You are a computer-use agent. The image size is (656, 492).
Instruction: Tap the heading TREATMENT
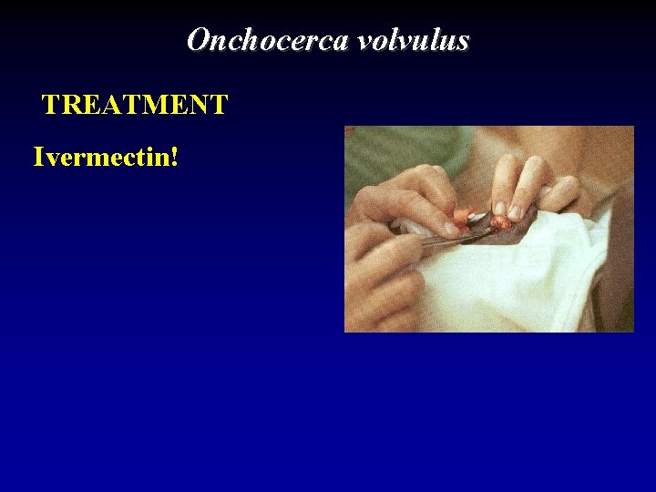[135, 106]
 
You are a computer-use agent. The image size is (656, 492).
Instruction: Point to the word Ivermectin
[101, 157]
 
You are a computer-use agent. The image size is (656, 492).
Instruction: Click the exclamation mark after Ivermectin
[173, 157]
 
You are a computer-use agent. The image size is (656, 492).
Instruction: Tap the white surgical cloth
[510, 282]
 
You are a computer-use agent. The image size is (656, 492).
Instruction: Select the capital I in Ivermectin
[38, 157]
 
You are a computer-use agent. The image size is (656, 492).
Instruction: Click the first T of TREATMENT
[52, 106]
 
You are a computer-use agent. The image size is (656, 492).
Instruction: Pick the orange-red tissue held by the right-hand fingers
[500, 220]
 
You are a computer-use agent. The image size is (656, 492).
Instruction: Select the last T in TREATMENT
[218, 106]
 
